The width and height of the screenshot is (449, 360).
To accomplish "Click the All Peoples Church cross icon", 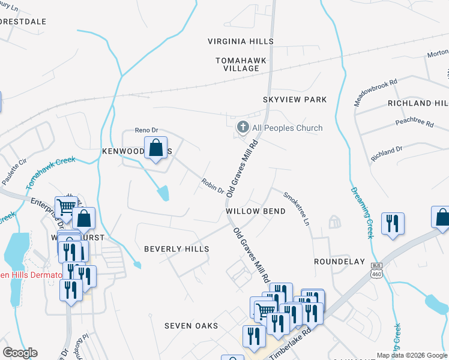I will click(243, 127).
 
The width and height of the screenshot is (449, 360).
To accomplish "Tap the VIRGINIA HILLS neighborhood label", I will click(240, 41).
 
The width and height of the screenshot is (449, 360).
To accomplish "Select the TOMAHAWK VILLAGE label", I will click(237, 64).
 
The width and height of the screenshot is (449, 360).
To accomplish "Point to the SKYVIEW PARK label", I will click(294, 100).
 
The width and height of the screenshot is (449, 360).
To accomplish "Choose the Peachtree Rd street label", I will click(414, 123).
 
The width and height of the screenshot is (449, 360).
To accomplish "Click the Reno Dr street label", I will click(146, 130).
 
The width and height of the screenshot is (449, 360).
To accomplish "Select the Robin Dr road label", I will click(212, 187).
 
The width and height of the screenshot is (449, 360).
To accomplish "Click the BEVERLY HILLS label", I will click(176, 248).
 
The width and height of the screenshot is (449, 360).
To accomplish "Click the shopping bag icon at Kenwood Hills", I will click(155, 148).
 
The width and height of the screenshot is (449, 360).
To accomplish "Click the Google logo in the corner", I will click(20, 353).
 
